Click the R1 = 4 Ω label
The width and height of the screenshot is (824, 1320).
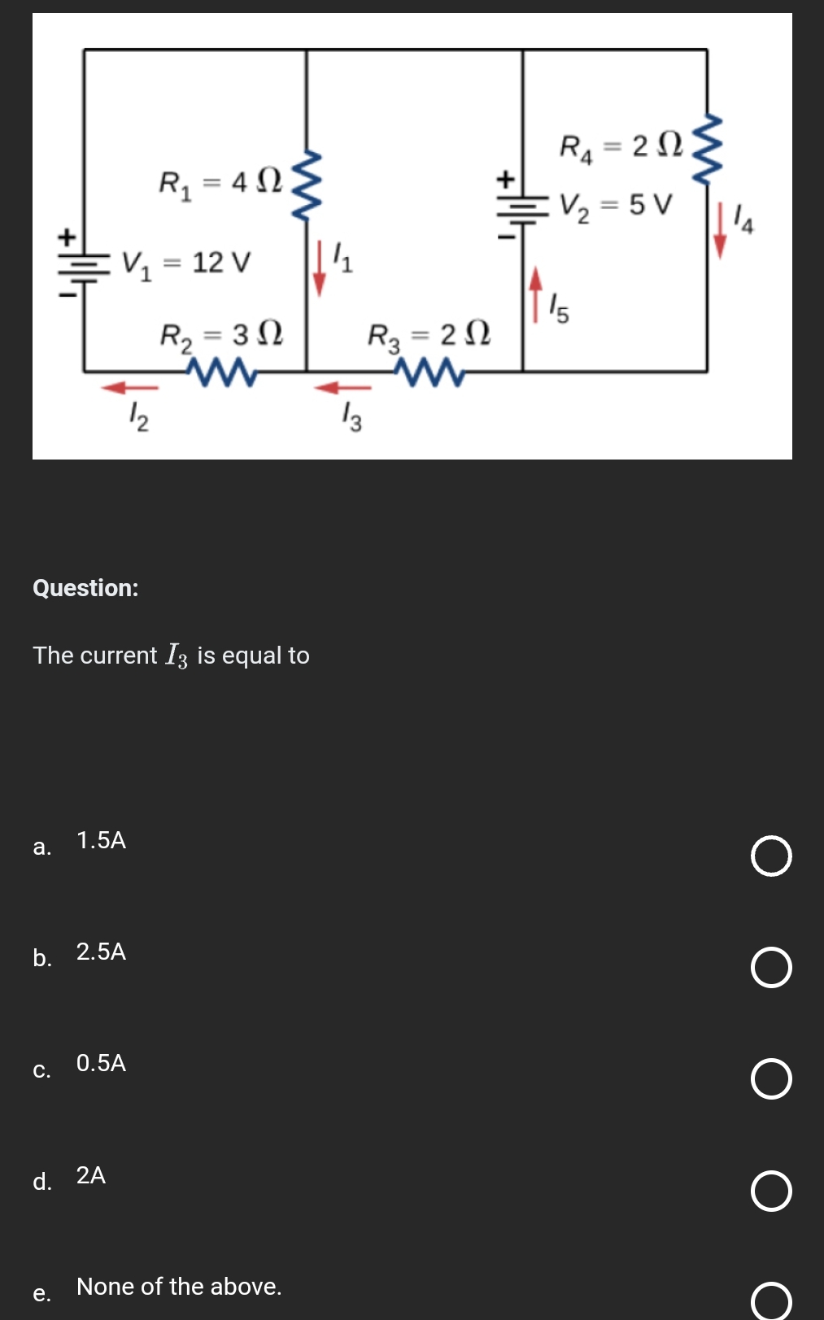(x=220, y=182)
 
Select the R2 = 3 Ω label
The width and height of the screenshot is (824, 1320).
(x=221, y=335)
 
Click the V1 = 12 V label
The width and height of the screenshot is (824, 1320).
(x=186, y=263)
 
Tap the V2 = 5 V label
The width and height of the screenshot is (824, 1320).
(x=616, y=205)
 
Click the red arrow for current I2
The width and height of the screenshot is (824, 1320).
(x=129, y=388)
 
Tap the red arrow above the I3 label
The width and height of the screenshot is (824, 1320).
(x=342, y=388)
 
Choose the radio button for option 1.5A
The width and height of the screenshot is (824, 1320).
(x=770, y=856)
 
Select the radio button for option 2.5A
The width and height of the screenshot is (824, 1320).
(x=770, y=967)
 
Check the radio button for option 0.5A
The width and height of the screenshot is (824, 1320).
(x=770, y=1079)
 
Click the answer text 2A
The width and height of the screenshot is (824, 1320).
(x=91, y=1175)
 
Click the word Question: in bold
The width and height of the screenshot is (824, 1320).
(x=85, y=587)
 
